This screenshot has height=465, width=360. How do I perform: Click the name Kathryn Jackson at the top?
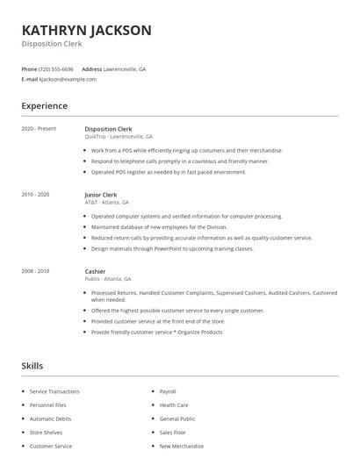pos(86,30)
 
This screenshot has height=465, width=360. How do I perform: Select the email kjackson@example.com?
pos(67,79)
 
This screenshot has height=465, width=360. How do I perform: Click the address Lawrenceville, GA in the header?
pos(126,68)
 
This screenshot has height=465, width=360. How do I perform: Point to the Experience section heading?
pos(45,106)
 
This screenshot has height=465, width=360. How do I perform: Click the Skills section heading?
pos(32,365)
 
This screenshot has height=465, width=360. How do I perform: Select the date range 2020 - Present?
pos(39,129)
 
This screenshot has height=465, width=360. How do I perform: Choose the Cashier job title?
pos(96,271)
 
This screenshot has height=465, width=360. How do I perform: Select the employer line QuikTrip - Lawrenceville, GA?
pos(119,137)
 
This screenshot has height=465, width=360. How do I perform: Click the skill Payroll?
pos(168,391)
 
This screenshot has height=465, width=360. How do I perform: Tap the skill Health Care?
pos(173,404)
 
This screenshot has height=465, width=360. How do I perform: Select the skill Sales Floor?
pos(173,433)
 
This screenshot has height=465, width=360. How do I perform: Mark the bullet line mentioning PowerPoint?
pos(171,248)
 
